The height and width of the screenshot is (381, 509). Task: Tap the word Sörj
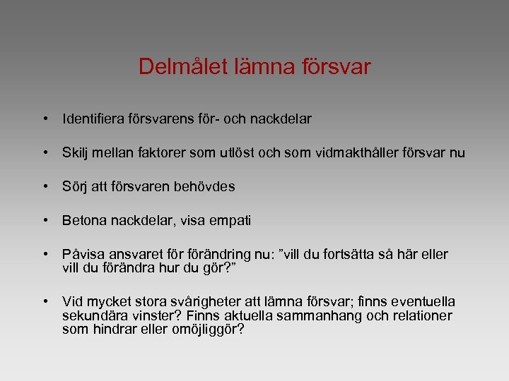(74, 187)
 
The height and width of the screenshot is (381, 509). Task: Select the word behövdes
(205, 187)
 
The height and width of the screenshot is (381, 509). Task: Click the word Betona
(82, 221)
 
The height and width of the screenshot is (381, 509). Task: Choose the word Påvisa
(82, 255)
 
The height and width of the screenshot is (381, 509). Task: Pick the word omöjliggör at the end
(209, 328)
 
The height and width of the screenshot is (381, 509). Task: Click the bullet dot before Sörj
(45, 187)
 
